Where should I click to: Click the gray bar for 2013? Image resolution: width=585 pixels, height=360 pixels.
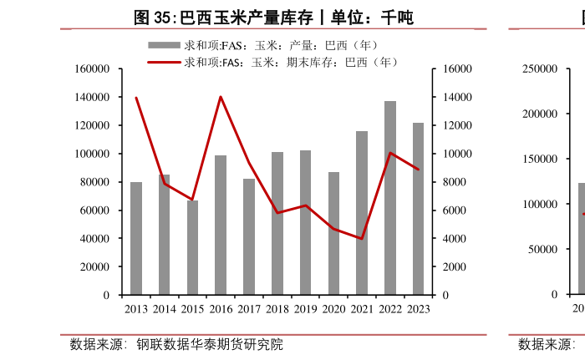(x=136, y=239)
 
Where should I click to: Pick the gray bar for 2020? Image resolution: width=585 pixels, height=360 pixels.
(x=333, y=234)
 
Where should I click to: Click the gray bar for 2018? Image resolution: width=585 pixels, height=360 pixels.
(x=277, y=224)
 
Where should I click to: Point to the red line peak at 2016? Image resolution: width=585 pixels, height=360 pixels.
(x=221, y=97)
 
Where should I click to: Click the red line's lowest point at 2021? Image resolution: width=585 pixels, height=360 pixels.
(x=362, y=239)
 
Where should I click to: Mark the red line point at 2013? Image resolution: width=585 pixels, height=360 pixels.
(x=136, y=98)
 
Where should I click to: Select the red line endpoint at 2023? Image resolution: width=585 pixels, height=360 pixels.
(x=418, y=170)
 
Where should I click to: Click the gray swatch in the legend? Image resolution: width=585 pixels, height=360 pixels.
(x=164, y=44)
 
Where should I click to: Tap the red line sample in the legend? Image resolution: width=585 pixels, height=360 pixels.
(x=164, y=62)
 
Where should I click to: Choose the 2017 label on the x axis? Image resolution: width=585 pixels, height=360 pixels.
(x=249, y=309)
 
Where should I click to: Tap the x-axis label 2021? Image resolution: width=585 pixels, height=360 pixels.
(x=362, y=309)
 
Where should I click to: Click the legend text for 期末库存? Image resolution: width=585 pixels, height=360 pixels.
(x=292, y=62)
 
